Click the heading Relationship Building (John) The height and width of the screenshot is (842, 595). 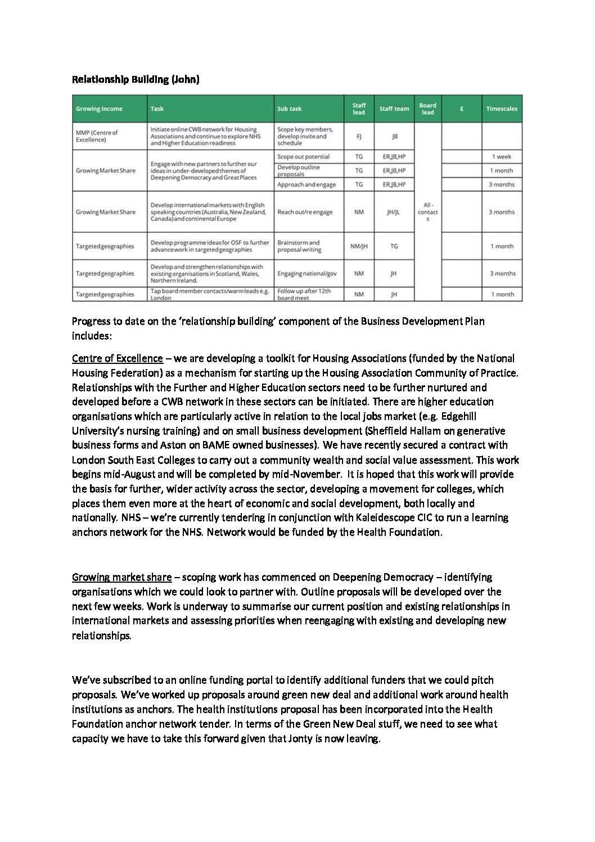click(x=136, y=79)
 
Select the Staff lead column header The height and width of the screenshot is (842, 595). click(x=359, y=109)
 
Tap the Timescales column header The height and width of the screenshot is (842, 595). click(x=502, y=109)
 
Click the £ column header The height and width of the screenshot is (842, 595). click(x=462, y=109)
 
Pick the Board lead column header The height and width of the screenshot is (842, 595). click(x=427, y=109)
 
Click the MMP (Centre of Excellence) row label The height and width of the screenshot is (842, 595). click(x=97, y=136)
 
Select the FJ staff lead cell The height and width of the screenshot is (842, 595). click(x=359, y=136)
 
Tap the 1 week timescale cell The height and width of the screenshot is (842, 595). click(x=502, y=157)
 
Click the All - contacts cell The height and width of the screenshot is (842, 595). click(x=427, y=212)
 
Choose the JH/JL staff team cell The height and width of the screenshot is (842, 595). click(x=394, y=212)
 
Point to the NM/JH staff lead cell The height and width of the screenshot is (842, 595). click(x=359, y=246)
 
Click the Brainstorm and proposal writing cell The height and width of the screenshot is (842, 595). click(x=299, y=246)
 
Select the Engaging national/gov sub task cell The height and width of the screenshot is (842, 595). click(x=307, y=274)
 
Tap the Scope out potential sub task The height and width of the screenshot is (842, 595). click(x=303, y=157)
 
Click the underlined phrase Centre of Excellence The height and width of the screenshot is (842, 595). click(x=118, y=358)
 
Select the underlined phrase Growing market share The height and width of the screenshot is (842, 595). click(x=122, y=577)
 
